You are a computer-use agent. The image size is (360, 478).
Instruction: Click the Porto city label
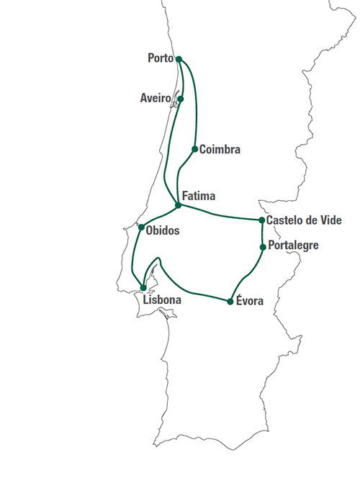pos(161,58)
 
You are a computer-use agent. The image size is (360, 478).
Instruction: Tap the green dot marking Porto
pos(179,59)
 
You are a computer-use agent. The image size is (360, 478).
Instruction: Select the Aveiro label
pos(156,98)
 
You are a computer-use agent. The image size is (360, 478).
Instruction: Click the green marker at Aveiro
pos(181,99)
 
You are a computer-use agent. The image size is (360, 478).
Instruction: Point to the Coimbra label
pos(220,150)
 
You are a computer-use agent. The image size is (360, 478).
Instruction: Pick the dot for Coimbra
pos(195,149)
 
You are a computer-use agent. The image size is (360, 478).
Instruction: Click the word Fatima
pos(199,196)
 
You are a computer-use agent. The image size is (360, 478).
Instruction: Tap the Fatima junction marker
pos(179,205)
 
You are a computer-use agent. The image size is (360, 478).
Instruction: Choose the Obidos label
pos(163,230)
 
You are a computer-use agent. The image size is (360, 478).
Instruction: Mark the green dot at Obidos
pos(141,227)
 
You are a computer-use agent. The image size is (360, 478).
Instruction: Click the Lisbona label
pos(162,299)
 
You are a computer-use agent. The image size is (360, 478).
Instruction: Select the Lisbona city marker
pos(143,288)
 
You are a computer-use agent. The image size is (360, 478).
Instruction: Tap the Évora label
pos(250,300)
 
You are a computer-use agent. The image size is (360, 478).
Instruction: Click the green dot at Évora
pos(230,302)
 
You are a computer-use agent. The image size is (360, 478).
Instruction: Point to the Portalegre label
pos(293,245)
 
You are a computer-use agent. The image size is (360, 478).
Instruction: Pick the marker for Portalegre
pos(263,247)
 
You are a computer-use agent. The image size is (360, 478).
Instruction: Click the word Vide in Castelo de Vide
pos(330,220)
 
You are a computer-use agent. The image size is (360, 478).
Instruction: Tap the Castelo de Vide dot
pos(261,220)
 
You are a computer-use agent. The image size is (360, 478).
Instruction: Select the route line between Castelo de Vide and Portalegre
pos(263,233)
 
